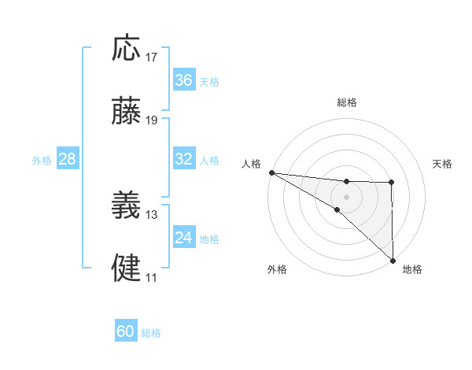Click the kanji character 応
tap(127, 48)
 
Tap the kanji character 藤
tap(127, 112)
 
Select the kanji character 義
tap(127, 205)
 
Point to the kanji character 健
tap(127, 268)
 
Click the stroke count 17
tap(152, 57)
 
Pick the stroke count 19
tap(152, 120)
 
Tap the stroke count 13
tap(152, 214)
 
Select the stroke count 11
tap(151, 277)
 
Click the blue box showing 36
tap(183, 80)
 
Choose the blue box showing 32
tap(183, 159)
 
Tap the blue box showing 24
tap(183, 238)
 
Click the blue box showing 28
tap(68, 159)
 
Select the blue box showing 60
tap(126, 331)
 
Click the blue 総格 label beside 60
tap(151, 333)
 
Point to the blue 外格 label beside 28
tap(42, 161)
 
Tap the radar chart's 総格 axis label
tap(346, 102)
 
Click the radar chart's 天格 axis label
tap(443, 164)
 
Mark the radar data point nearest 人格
tap(271, 172)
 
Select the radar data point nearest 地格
tap(392, 261)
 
